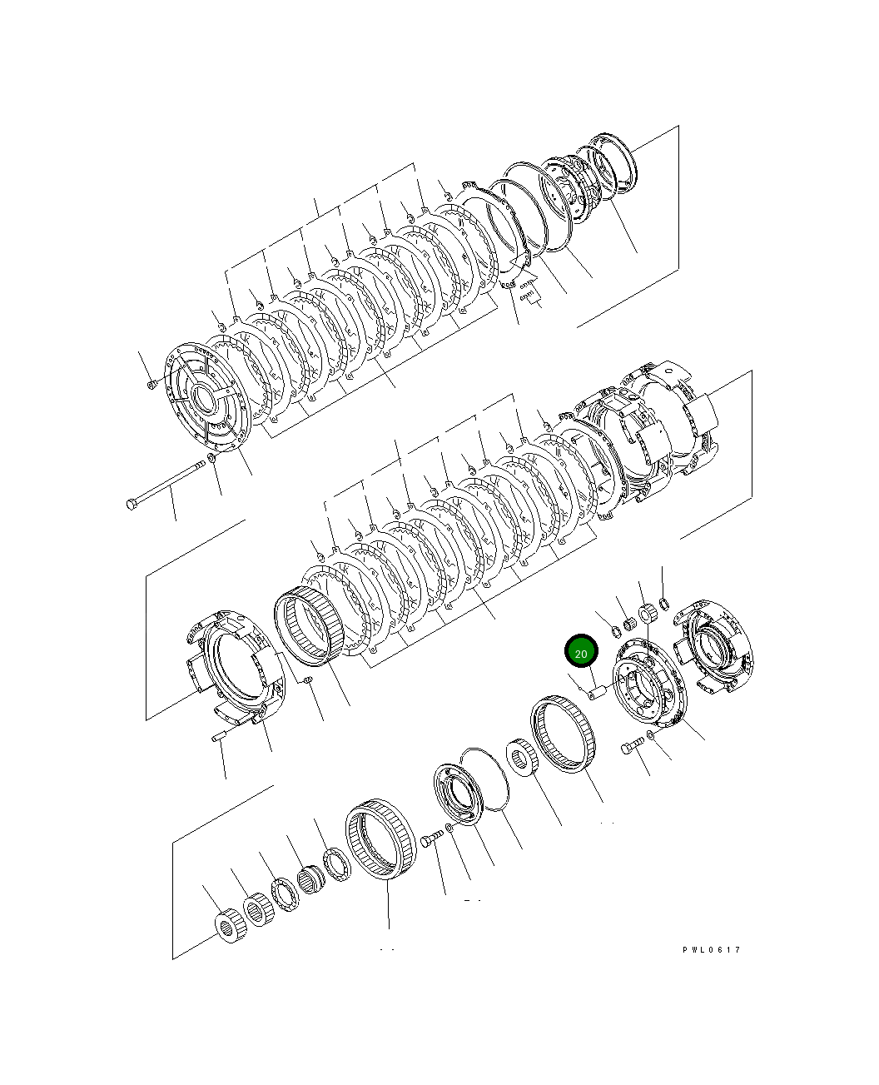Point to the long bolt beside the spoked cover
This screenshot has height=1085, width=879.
[166, 484]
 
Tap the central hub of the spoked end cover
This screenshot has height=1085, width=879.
[203, 398]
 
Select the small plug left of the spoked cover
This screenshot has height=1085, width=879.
[151, 384]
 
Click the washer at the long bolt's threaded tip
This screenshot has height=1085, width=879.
[211, 457]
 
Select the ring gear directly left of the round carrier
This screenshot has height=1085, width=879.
[564, 734]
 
